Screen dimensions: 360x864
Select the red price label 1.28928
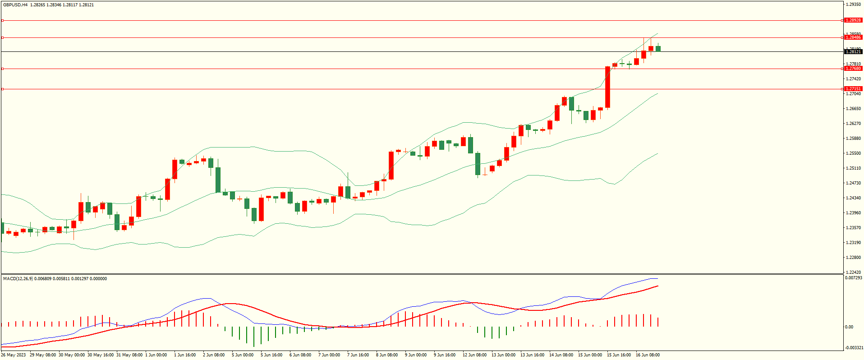[853, 20]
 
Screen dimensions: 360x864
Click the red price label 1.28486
[853, 37]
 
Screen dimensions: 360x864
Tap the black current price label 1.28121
[853, 52]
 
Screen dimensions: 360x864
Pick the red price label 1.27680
[853, 69]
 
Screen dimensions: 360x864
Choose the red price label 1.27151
[853, 89]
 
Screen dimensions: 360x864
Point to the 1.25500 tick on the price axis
[853, 153]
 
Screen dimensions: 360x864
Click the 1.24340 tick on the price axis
[853, 198]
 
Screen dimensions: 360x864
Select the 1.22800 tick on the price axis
[853, 258]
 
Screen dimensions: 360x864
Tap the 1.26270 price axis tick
[853, 124]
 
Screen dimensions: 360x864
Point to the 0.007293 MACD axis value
[853, 278]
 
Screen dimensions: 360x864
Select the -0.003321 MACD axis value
[853, 348]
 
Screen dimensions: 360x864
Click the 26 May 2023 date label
[14, 355]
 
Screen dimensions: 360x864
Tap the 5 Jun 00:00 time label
[243, 355]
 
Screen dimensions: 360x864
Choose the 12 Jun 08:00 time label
[474, 355]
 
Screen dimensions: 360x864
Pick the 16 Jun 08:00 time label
[648, 355]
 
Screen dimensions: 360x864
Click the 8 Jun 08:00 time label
[387, 355]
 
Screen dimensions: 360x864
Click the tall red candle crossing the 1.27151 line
[607, 88]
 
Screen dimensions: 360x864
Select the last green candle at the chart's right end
[658, 49]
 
